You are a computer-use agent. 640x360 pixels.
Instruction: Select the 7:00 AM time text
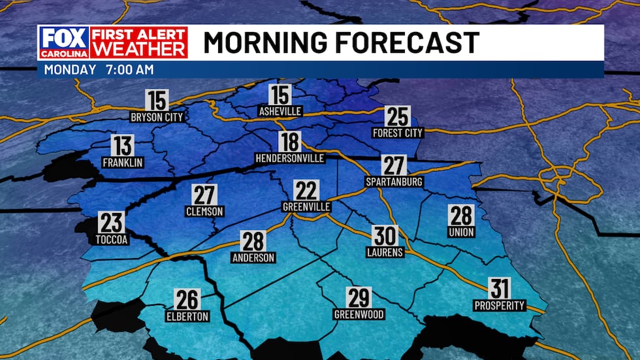128,69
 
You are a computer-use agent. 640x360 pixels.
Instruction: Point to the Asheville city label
280,111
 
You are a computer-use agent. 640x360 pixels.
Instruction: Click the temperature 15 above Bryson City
157,101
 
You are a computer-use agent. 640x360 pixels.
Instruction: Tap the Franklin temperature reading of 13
122,146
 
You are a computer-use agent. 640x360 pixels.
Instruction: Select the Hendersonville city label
290,158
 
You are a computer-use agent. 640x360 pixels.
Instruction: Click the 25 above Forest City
398,116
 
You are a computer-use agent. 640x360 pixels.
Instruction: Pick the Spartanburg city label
394,181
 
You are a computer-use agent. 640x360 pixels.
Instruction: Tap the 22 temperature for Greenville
306,191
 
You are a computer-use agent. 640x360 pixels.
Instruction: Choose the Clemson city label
205,211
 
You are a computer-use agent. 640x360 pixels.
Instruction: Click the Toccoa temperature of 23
111,223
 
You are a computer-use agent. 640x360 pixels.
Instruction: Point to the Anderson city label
253,257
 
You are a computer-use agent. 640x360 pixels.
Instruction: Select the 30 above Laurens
385,235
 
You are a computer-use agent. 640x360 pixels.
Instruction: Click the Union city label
461,232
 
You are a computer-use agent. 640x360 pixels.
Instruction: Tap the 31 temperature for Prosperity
500,288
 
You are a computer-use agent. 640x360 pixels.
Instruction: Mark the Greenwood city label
359,314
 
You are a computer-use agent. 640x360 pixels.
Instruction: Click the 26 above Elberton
187,300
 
